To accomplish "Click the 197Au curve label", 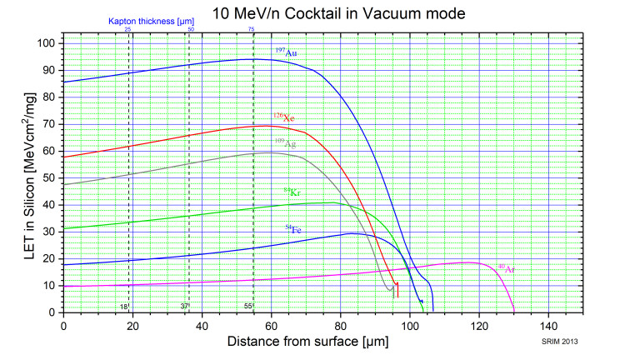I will coord(287,52).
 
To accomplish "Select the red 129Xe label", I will coord(284,117).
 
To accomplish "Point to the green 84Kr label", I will coord(291,192).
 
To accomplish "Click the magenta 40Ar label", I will coord(507,269).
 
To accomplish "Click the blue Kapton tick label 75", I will coord(252,30).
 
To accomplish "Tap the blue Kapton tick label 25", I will coord(127,30).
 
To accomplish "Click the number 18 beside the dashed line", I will coord(122,307).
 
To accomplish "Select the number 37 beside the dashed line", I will coord(184,307).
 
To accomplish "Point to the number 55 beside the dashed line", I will coord(247,307).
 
